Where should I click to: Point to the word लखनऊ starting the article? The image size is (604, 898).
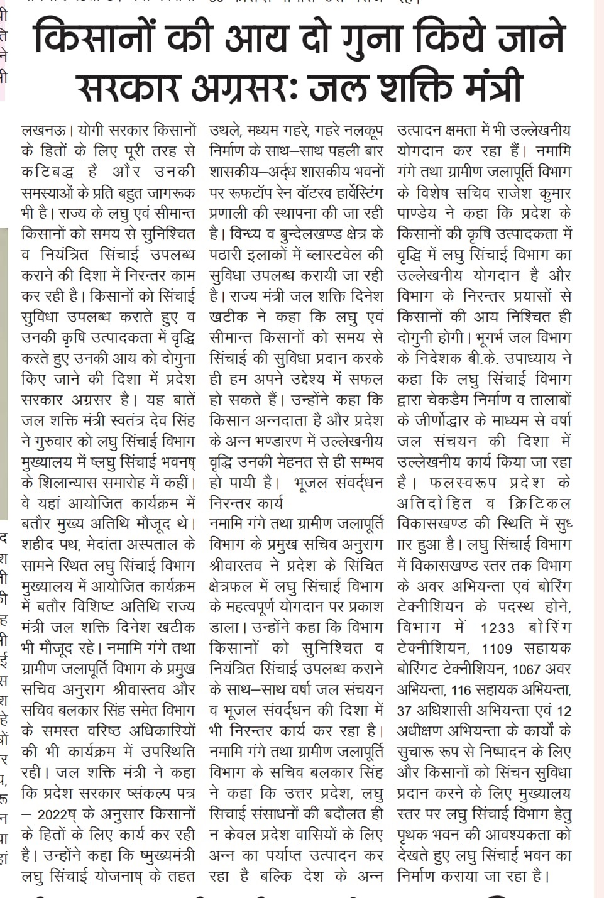point(41,131)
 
